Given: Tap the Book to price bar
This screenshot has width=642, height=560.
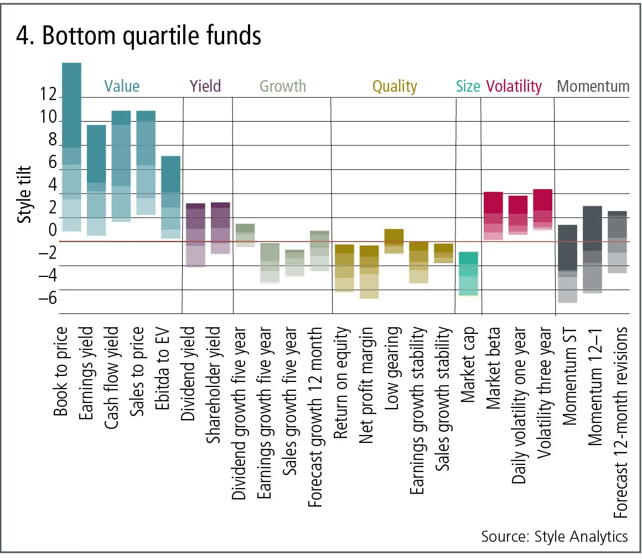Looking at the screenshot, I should point(71,146).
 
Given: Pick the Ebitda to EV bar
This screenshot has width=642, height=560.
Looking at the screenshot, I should point(170,197).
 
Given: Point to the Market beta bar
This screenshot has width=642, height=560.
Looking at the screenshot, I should point(493,216).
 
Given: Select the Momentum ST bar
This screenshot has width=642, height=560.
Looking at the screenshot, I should point(568,263).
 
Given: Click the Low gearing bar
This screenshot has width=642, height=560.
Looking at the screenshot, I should point(394,241).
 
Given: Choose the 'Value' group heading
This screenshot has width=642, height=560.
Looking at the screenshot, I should point(122,86).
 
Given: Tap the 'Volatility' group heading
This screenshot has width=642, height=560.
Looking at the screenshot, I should point(514,86).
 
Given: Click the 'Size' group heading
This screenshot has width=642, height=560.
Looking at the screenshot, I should point(468,86).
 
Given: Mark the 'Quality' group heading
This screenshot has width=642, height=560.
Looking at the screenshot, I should point(394,86).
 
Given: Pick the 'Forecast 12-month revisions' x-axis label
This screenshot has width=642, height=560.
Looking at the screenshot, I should point(622,422).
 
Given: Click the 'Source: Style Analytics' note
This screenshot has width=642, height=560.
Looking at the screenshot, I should point(555,536).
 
